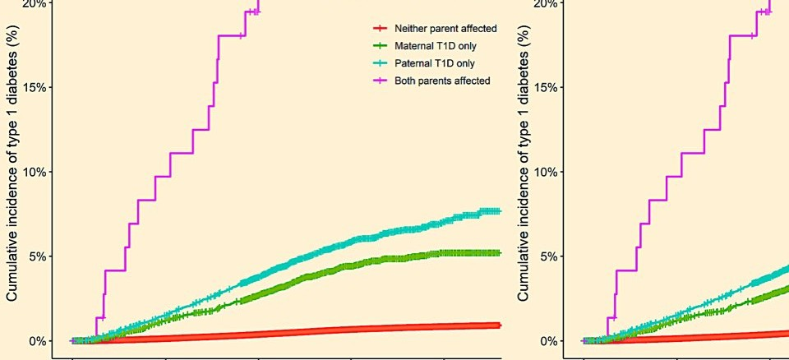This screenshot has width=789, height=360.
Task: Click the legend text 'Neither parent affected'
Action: (x=446, y=29)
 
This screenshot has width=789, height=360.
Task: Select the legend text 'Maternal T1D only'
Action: (x=436, y=46)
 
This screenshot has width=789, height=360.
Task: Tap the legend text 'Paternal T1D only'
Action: (x=435, y=63)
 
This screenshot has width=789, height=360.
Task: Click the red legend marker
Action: (x=380, y=29)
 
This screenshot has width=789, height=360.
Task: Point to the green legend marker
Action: (x=380, y=46)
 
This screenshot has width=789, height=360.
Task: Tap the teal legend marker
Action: (x=380, y=63)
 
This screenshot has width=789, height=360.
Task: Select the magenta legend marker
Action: (x=380, y=81)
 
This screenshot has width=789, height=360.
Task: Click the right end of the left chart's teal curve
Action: (x=501, y=211)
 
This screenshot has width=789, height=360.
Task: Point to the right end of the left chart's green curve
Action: (x=501, y=253)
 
